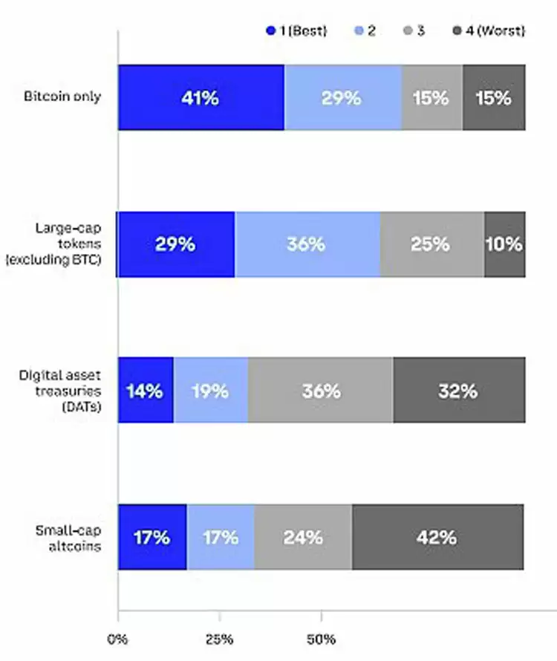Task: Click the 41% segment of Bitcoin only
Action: pos(201,97)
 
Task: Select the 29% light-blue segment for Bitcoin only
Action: pos(342,97)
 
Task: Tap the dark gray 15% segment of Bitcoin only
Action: pos(494,97)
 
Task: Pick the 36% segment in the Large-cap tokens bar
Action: pos(307,244)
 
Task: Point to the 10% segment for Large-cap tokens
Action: pos(504,244)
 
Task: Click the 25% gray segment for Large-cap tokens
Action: pos(431,244)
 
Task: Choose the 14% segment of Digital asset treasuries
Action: pos(146,391)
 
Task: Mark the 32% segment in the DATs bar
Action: pos(458,391)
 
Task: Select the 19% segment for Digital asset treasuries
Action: pos(210,391)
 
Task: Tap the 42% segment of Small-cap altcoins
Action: pos(437,537)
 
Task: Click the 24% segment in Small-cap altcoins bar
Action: pos(303,537)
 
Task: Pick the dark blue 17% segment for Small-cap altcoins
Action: pos(152,537)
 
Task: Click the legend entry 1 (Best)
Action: pos(296,31)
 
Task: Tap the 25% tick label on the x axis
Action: pos(220,638)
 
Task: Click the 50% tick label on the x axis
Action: pos(322,638)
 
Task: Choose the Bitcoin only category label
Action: pos(62,97)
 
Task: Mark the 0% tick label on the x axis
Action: pos(117,638)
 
